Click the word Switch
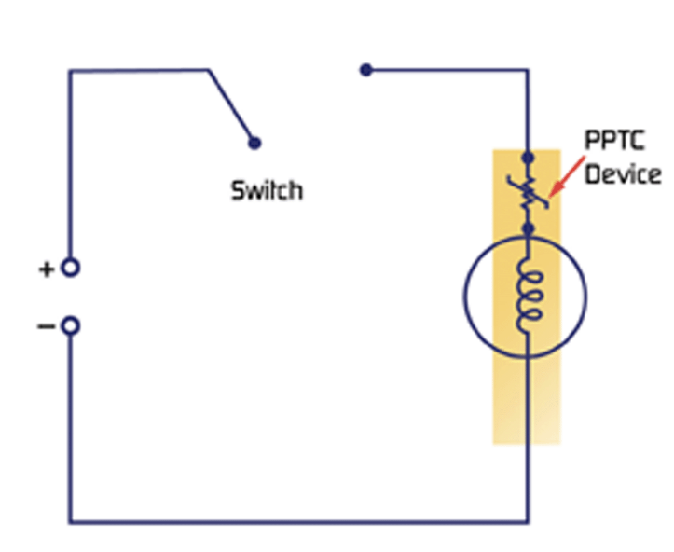tap(267, 191)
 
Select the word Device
tap(622, 174)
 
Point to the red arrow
tap(562, 176)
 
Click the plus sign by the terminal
tap(46, 269)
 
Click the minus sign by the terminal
tap(46, 326)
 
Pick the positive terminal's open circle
tap(70, 269)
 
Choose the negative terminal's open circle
tap(70, 326)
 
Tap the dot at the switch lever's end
tap(254, 143)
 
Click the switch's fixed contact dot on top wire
tap(366, 70)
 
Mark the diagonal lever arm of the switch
tap(230, 105)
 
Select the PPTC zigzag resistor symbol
tap(528, 192)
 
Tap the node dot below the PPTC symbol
tap(528, 228)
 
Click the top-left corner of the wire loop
tap(70, 71)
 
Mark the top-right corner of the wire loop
tap(528, 71)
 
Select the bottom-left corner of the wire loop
tap(70, 521)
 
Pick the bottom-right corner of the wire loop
tap(528, 521)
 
